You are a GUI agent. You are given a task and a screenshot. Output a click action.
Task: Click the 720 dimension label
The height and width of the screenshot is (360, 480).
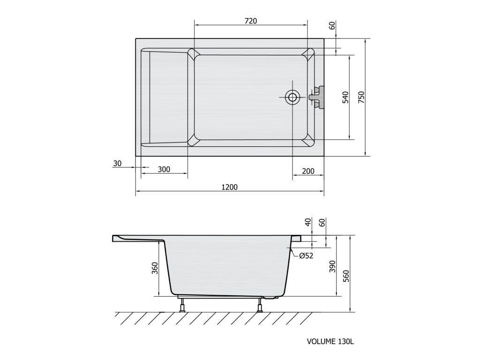click(x=251, y=21)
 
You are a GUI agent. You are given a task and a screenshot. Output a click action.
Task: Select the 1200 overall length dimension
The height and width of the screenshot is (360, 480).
click(x=230, y=187)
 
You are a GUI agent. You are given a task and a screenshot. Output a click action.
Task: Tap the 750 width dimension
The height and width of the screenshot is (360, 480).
click(x=361, y=97)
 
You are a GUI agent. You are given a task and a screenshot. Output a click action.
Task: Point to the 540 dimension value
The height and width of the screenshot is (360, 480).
click(x=345, y=97)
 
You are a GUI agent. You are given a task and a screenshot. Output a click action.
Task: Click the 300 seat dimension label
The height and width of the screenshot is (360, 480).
click(x=164, y=169)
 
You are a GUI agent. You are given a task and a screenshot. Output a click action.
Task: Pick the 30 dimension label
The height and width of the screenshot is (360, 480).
click(x=117, y=164)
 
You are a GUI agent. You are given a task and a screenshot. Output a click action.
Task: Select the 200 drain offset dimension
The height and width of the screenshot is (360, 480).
click(x=308, y=171)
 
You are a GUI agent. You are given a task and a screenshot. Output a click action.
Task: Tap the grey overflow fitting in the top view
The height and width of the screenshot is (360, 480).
click(x=316, y=97)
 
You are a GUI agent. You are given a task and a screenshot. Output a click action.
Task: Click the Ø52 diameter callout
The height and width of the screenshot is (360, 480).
click(x=306, y=255)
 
